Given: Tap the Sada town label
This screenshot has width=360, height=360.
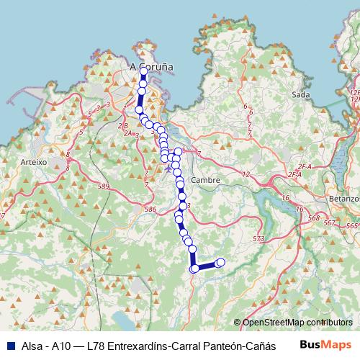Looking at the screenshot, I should click(x=301, y=94).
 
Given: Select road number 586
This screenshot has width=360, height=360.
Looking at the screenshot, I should click(x=150, y=209).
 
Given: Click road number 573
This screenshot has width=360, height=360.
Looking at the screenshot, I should click(x=259, y=238).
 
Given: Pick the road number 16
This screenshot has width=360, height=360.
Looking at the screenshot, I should click(x=284, y=197).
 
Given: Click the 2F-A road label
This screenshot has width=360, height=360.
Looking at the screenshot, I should click(x=293, y=174).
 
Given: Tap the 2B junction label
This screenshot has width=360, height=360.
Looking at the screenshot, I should click(x=125, y=125).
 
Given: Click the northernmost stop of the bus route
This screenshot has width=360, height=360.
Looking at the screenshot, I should click(x=143, y=71).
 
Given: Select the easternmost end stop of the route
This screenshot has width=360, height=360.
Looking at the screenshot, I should click(x=220, y=262).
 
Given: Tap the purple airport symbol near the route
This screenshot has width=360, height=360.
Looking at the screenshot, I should click(x=168, y=170).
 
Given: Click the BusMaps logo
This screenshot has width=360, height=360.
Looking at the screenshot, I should click(x=325, y=345).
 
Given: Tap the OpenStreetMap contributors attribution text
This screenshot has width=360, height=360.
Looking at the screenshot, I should click(x=297, y=323).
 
